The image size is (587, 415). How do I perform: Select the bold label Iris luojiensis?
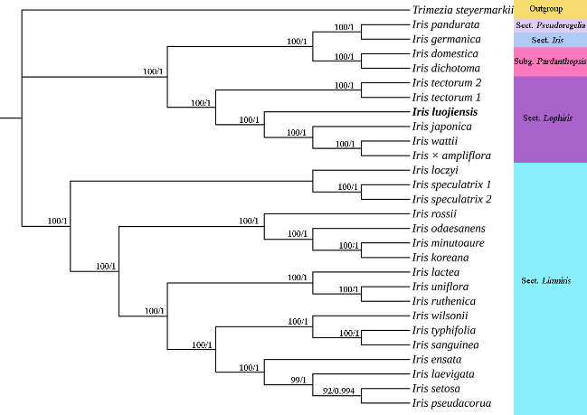[x=443, y=112]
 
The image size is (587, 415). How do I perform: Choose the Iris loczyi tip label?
[x=434, y=170]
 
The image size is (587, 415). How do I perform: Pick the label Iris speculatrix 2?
[x=451, y=199]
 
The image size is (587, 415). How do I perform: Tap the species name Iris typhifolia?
[x=442, y=330]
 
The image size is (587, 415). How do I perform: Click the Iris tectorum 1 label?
[x=446, y=98]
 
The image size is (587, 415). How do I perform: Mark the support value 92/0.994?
[x=340, y=391]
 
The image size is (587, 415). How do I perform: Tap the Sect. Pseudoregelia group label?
[x=550, y=25]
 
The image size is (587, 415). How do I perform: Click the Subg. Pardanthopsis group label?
[x=550, y=61]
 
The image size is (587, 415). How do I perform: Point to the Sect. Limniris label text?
[x=546, y=281]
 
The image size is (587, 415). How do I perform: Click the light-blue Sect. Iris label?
[x=546, y=40]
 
